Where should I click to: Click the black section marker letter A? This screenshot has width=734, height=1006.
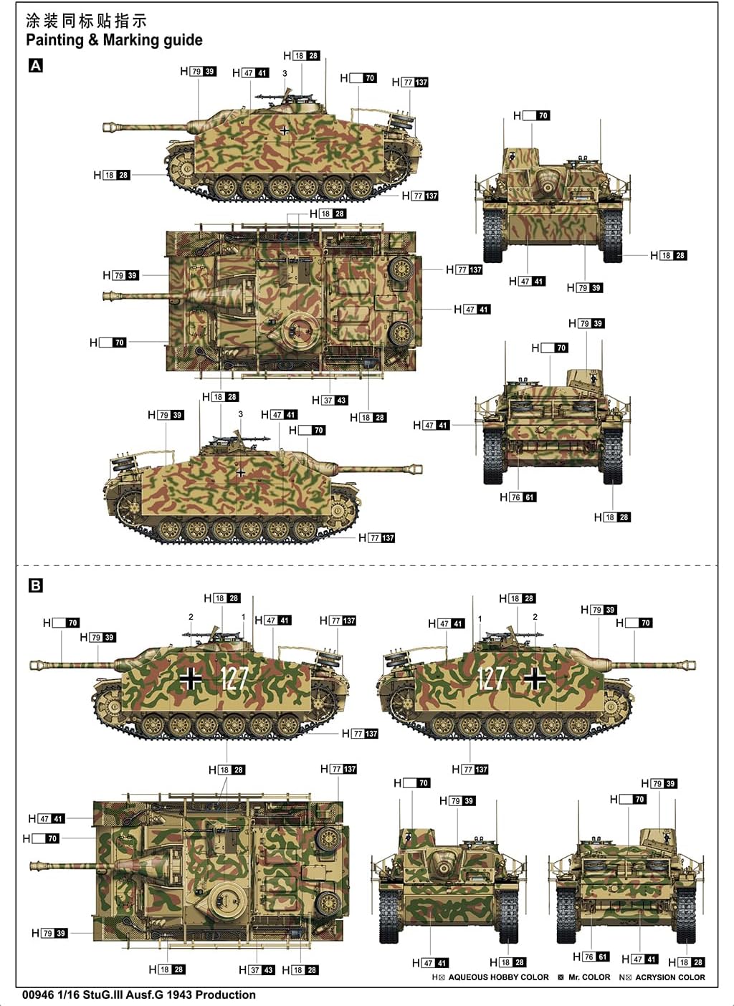35,66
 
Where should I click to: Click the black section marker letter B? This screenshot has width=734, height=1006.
35,585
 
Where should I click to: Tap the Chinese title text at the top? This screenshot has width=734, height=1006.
86,20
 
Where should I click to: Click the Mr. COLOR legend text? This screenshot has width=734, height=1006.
588,977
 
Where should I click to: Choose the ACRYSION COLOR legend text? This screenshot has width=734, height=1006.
669,977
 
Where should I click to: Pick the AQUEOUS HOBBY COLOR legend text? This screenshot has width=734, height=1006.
498,977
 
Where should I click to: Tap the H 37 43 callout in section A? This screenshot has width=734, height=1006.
330,401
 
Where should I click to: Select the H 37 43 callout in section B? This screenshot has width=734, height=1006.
257,969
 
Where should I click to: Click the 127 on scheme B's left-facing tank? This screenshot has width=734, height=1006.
234,678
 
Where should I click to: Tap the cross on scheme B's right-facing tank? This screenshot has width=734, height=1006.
534,679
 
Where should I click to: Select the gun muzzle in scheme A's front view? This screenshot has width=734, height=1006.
549,188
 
